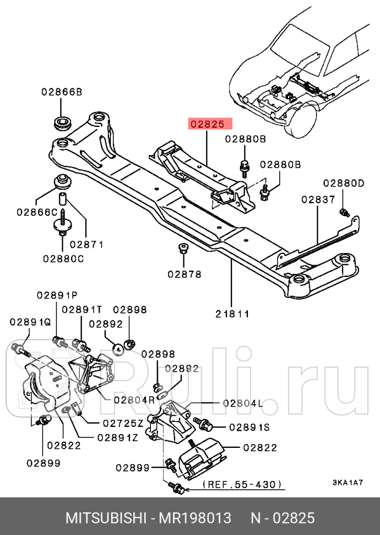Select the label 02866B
61,93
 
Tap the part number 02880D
344,183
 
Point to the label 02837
318,199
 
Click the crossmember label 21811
232,314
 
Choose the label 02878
184,274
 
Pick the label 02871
86,244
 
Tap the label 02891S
249,426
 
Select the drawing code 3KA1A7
347,483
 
